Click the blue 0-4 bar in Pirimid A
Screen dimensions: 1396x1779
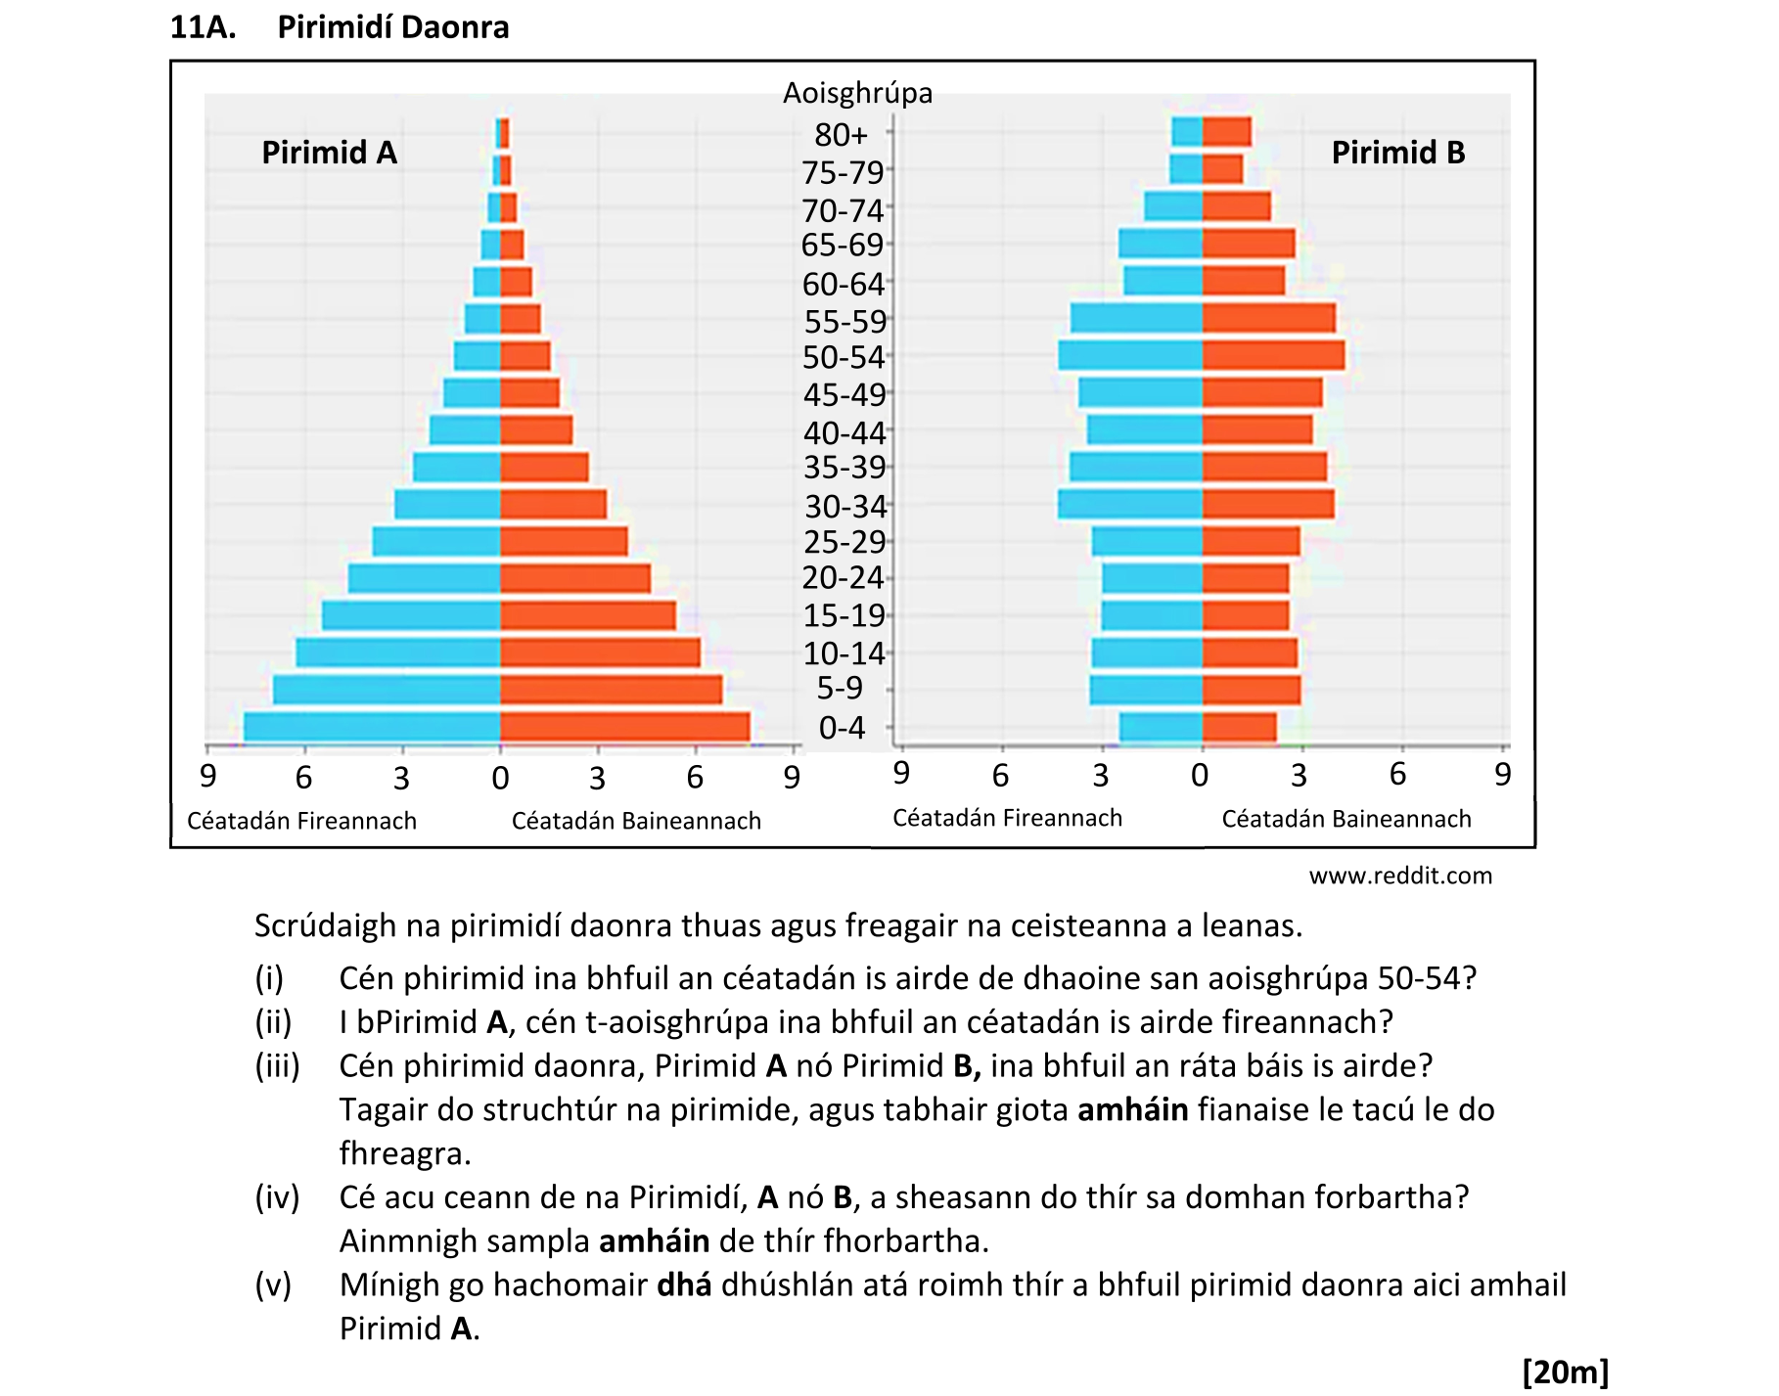(372, 727)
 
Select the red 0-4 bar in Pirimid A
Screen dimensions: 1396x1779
(624, 727)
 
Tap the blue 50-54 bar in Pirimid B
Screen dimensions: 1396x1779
(1130, 355)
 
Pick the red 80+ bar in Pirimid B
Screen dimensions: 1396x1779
(1226, 132)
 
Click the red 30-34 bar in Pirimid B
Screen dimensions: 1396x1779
(1268, 505)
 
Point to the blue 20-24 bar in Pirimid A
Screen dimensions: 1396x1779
(424, 578)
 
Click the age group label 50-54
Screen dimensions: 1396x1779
(844, 358)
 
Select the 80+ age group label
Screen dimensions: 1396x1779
(841, 134)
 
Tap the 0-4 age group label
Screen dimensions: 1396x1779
(842, 728)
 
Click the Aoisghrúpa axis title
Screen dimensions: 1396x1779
(857, 93)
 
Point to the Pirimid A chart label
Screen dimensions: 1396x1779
(329, 153)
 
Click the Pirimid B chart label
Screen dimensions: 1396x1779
(1397, 153)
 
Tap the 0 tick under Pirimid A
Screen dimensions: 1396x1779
(500, 779)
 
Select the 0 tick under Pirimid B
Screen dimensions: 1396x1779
(1200, 776)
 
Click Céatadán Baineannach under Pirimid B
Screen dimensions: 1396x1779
(1346, 819)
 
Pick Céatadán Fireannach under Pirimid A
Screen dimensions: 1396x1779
(301, 821)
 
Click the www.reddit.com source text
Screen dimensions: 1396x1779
(1400, 876)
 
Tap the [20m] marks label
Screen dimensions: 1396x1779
(1565, 1372)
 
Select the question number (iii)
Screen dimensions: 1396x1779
(277, 1065)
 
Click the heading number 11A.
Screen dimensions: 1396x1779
(203, 27)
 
